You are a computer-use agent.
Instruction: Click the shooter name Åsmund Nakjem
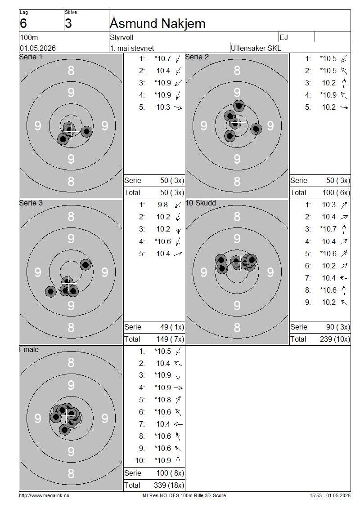coord(157,23)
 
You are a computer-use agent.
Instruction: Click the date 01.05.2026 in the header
coord(38,48)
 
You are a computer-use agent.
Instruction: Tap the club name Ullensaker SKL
coord(256,48)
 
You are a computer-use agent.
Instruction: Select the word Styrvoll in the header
coord(121,37)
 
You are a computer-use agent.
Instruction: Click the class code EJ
coord(283,37)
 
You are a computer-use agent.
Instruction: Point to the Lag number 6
coord(23,23)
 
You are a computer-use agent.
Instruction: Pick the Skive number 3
coord(68,23)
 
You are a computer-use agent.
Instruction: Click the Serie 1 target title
coord(31,57)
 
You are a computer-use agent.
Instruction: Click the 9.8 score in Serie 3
coord(163,205)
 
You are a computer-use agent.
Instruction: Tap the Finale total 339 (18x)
coord(169,485)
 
